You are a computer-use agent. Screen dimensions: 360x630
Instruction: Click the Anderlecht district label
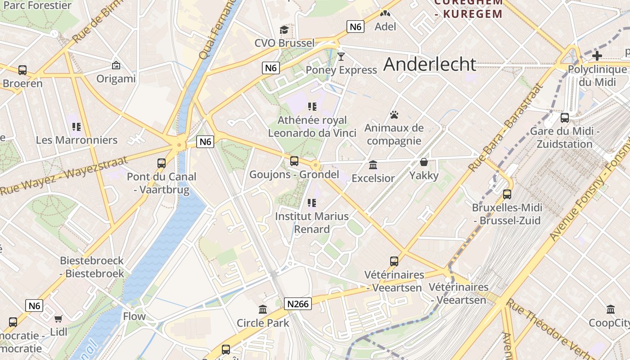[x=430, y=64]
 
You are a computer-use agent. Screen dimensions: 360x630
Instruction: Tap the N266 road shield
[x=298, y=304]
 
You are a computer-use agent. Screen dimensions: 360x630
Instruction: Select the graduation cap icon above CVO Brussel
[x=284, y=30]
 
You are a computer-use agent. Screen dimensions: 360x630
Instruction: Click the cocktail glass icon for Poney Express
[x=341, y=57]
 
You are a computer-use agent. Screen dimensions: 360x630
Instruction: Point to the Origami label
[x=116, y=79]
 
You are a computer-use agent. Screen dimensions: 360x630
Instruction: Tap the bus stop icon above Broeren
[x=22, y=70]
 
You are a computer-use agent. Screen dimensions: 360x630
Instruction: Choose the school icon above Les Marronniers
[x=76, y=127]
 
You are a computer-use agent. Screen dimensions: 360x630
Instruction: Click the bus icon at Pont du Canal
[x=161, y=163]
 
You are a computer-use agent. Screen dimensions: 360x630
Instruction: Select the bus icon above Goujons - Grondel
[x=294, y=161]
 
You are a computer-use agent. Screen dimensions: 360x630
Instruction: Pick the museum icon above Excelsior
[x=373, y=165]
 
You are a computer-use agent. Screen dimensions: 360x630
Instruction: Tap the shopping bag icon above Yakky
[x=423, y=162]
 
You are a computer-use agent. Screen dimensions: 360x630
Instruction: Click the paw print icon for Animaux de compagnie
[x=394, y=115]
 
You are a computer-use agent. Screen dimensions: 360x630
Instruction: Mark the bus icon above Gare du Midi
[x=564, y=118]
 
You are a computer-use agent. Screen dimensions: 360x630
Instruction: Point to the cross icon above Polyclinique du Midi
[x=597, y=56]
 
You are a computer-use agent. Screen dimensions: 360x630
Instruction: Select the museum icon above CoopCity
[x=611, y=310]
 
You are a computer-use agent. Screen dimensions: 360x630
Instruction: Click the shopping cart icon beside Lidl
[x=58, y=319]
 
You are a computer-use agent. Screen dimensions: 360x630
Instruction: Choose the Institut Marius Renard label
[x=312, y=222]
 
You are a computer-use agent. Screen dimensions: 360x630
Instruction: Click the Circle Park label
[x=263, y=323]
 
